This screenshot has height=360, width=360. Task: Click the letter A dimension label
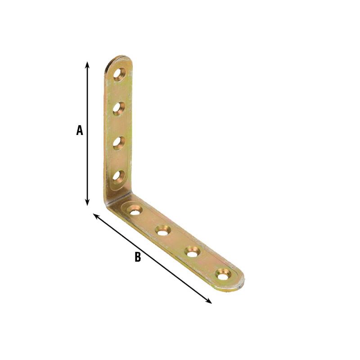80,130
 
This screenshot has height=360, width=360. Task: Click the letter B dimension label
138,256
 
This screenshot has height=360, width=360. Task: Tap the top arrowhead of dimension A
87,65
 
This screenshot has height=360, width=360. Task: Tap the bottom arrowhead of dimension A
87,202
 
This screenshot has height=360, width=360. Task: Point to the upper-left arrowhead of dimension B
96,216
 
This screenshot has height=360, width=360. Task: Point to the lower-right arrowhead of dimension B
209,301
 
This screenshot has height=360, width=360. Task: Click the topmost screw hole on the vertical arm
119,74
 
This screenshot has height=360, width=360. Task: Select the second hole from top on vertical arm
119,108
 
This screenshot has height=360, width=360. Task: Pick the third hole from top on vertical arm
119,143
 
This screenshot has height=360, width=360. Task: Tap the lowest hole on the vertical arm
119,177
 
